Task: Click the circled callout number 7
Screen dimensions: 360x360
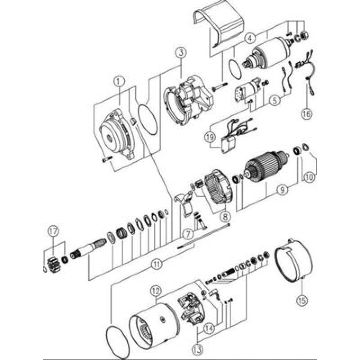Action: coord(188,234)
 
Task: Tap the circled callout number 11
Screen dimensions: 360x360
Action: coord(156,265)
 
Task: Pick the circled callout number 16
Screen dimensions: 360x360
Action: coord(306,113)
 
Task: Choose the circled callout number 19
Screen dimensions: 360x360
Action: coord(211,138)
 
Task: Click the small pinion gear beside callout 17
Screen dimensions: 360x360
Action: coord(54,259)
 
